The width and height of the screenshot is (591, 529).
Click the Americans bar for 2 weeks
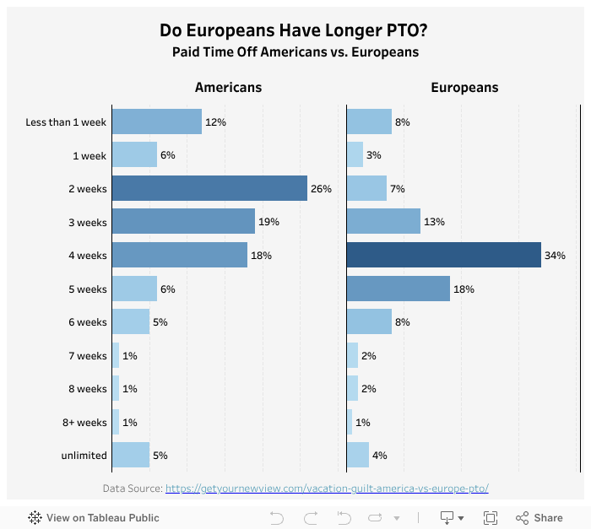coord(209,188)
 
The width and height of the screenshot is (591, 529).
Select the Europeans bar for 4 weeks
coord(443,255)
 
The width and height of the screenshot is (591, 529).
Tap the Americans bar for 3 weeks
coord(183,222)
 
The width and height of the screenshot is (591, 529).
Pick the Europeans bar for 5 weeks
coord(398,289)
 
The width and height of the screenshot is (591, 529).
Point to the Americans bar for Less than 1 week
coord(156,121)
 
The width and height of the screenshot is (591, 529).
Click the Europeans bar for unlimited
coord(358,455)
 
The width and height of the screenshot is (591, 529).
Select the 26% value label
coord(321,188)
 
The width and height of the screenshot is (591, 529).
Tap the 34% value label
coord(555,255)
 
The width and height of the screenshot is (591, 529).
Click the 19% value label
coord(268,222)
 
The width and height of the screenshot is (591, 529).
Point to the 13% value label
coord(435,222)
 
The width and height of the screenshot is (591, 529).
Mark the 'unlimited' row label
coord(84,456)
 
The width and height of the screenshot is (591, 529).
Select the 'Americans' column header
coord(228,87)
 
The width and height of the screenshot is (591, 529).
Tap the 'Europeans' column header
coord(464,87)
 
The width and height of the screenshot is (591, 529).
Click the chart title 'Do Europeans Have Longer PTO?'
coord(295,31)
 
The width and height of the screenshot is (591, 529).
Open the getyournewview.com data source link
coord(327,489)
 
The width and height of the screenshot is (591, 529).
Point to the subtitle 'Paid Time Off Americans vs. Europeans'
coord(295,52)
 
